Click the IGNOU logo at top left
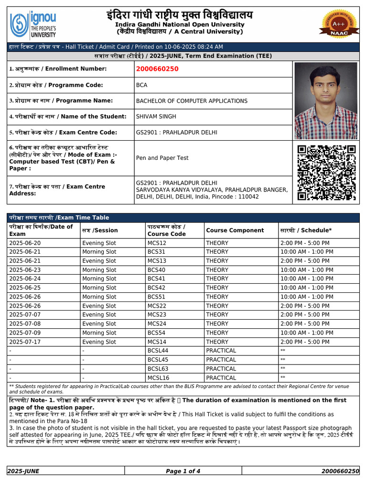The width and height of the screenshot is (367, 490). coord(33,24)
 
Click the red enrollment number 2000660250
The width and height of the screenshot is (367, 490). coord(157,69)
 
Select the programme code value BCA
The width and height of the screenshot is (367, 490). coord(142,85)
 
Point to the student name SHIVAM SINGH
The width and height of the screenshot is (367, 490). coord(156,117)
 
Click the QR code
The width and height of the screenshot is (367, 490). coord(326,173)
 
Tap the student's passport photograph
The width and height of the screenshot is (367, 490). coord(326,101)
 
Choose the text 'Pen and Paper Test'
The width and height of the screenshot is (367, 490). coord(162,158)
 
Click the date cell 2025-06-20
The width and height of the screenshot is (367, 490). coord(25,243)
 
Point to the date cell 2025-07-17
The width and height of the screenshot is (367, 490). coord(25,342)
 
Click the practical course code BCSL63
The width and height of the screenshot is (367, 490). coord(158,368)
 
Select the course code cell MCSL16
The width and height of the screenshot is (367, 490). coord(158,378)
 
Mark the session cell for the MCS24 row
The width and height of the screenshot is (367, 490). coord(99,324)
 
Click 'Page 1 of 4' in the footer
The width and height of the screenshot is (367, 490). coord(183,471)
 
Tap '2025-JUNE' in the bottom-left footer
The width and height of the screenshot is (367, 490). coord(23,471)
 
